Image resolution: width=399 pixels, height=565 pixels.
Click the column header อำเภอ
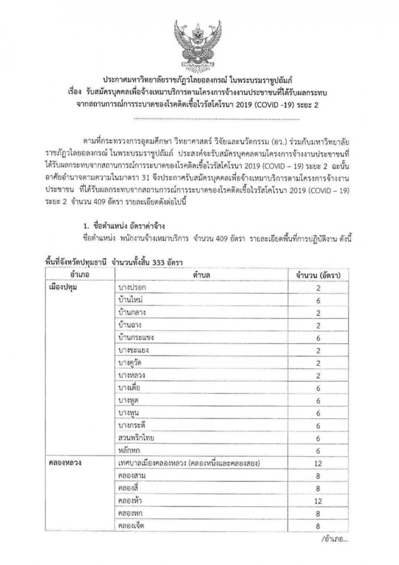80,275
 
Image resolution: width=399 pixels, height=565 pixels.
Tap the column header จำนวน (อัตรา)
318,275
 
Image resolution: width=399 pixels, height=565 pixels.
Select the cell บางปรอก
132,287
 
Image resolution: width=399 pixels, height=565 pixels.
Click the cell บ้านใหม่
131,300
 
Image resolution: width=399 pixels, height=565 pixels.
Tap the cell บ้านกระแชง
136,338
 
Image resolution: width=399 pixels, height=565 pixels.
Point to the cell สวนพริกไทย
136,438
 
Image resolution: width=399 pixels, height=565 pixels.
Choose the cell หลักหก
129,451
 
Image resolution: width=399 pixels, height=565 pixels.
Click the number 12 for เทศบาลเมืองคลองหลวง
318,463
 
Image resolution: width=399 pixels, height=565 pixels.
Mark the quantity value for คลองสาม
318,476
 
